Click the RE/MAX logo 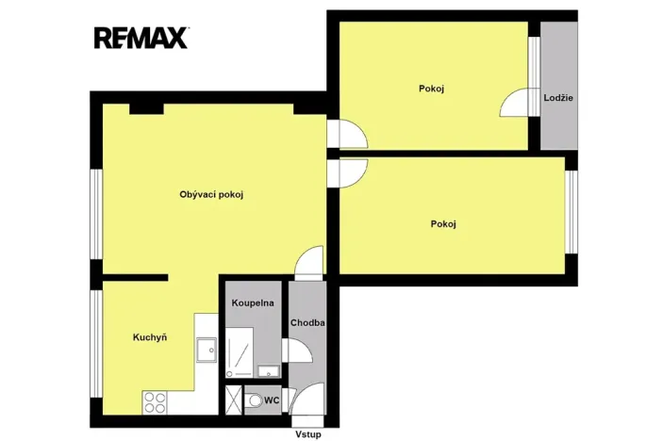[x=141, y=38]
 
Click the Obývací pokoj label [x=212, y=195]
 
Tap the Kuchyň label [x=149, y=336]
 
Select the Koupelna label [x=253, y=303]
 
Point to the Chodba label [x=307, y=322]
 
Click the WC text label [x=272, y=400]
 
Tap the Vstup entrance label [x=307, y=434]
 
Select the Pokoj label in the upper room [x=431, y=89]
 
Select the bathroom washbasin [x=268, y=368]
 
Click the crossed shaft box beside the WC [x=232, y=400]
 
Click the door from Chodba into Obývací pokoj [x=309, y=262]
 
